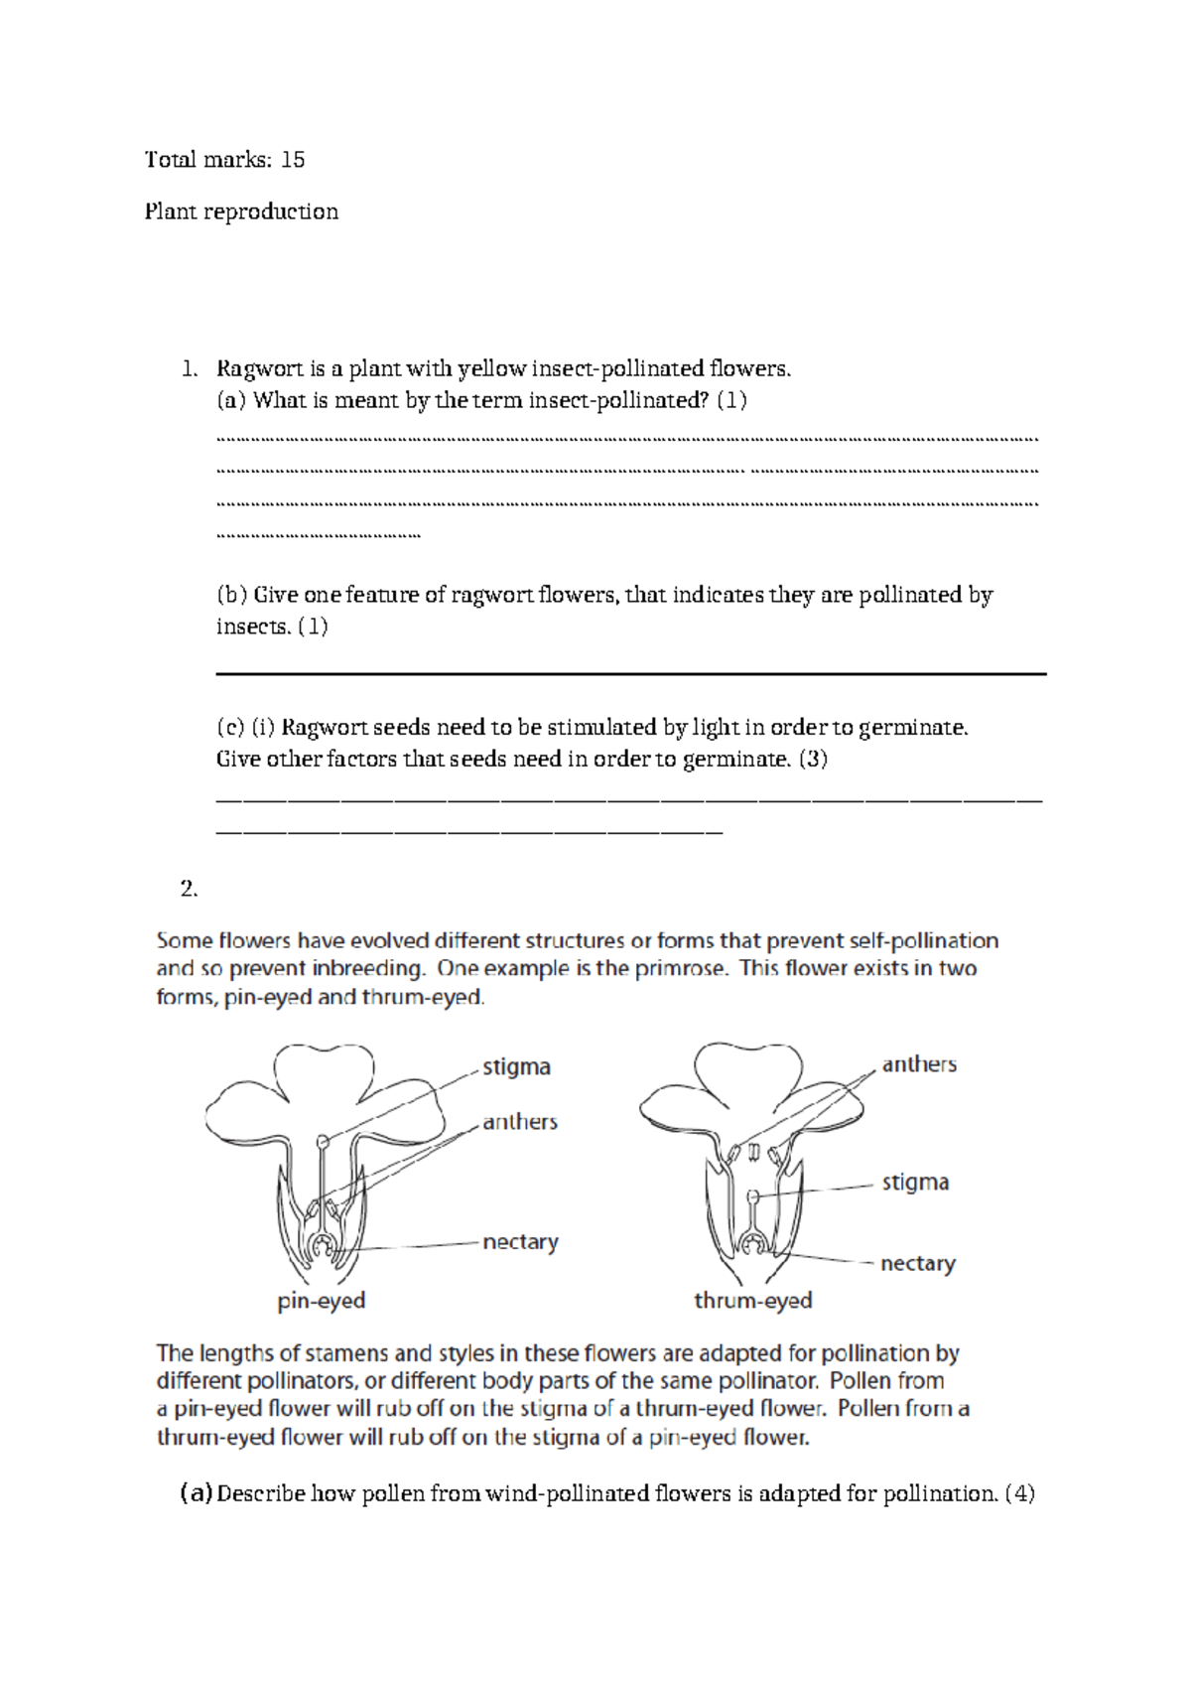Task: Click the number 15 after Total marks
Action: (x=293, y=160)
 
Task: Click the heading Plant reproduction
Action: (x=241, y=211)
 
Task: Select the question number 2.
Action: (x=189, y=889)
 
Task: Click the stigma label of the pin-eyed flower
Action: (x=516, y=1067)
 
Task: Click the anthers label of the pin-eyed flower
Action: (x=520, y=1122)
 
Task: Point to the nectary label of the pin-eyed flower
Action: (x=520, y=1242)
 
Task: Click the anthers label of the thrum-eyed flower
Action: (x=919, y=1064)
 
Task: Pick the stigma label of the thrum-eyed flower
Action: (x=915, y=1183)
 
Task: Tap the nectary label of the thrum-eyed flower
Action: (x=917, y=1264)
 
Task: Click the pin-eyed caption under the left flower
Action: (x=322, y=1301)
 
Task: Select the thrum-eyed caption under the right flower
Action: (x=752, y=1301)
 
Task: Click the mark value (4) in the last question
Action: (x=1019, y=1493)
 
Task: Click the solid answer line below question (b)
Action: (x=631, y=674)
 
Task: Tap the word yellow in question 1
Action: (x=492, y=369)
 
